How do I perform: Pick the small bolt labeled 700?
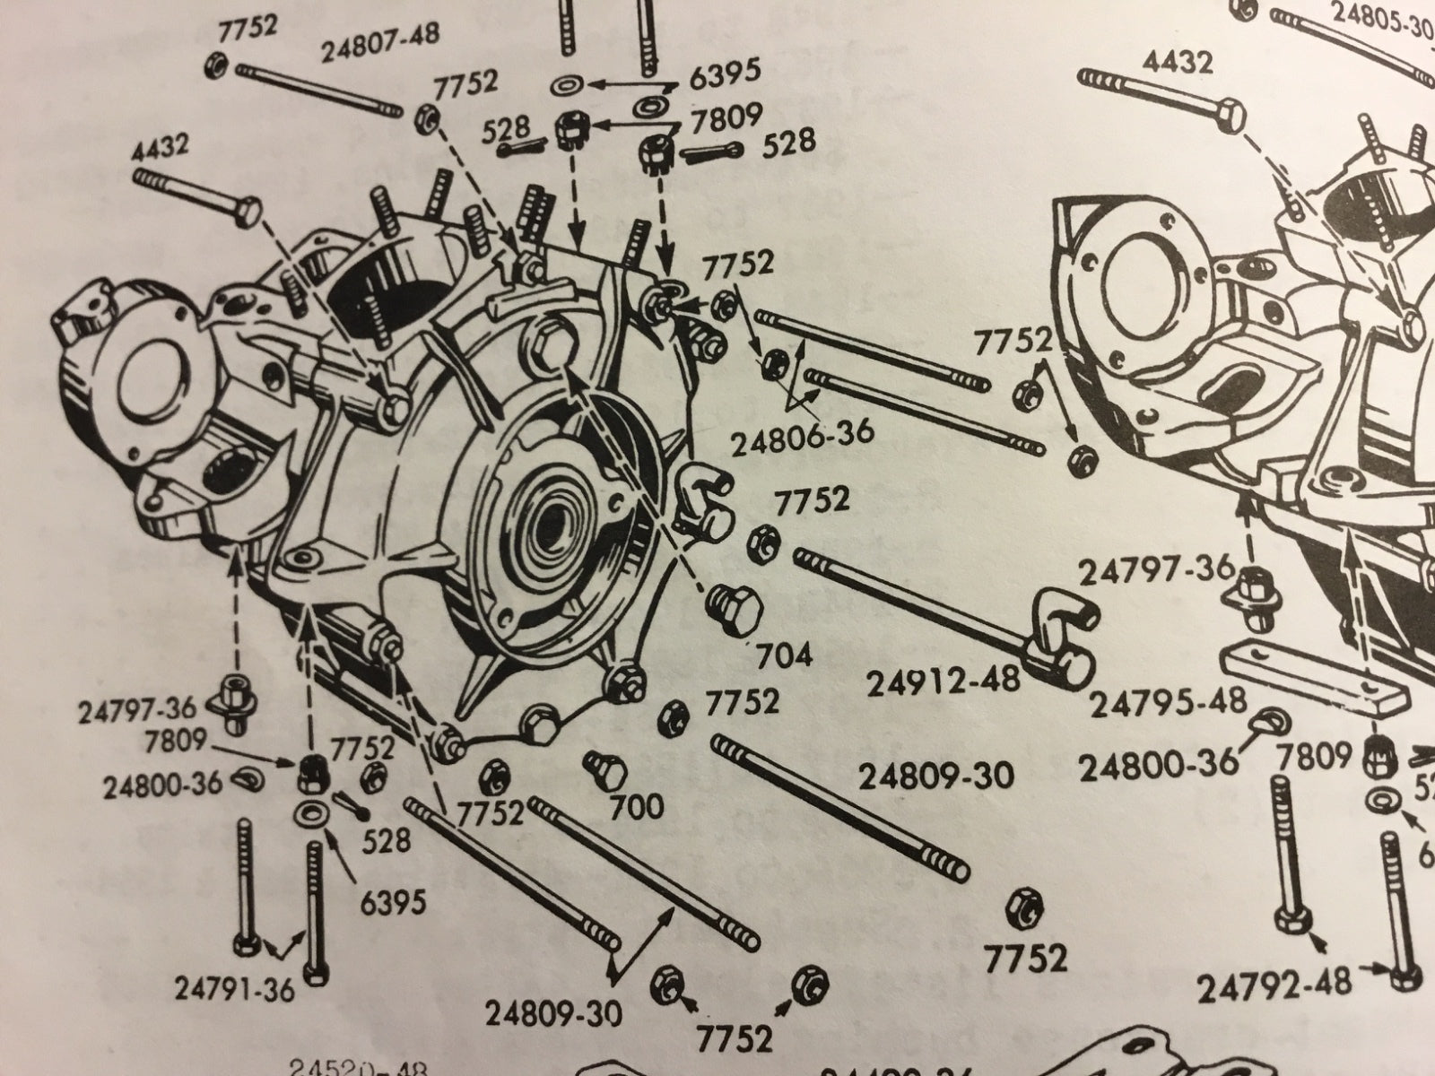coord(596,768)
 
